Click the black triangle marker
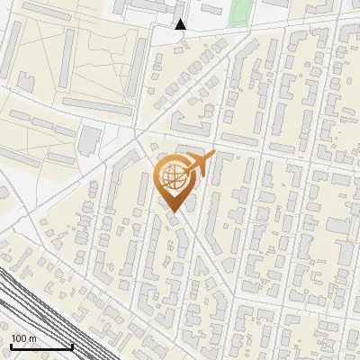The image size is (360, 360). tap(181, 24)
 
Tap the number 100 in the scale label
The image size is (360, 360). tap(18, 338)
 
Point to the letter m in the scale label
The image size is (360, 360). tap(32, 338)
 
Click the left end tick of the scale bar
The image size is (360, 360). tap(10, 346)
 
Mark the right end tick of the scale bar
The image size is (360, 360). tap(73, 346)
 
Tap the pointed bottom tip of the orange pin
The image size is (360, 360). tap(173, 213)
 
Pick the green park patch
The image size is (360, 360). tap(239, 13)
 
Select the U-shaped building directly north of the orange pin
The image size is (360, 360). tap(192, 121)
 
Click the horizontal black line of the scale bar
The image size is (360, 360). tap(41, 346)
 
